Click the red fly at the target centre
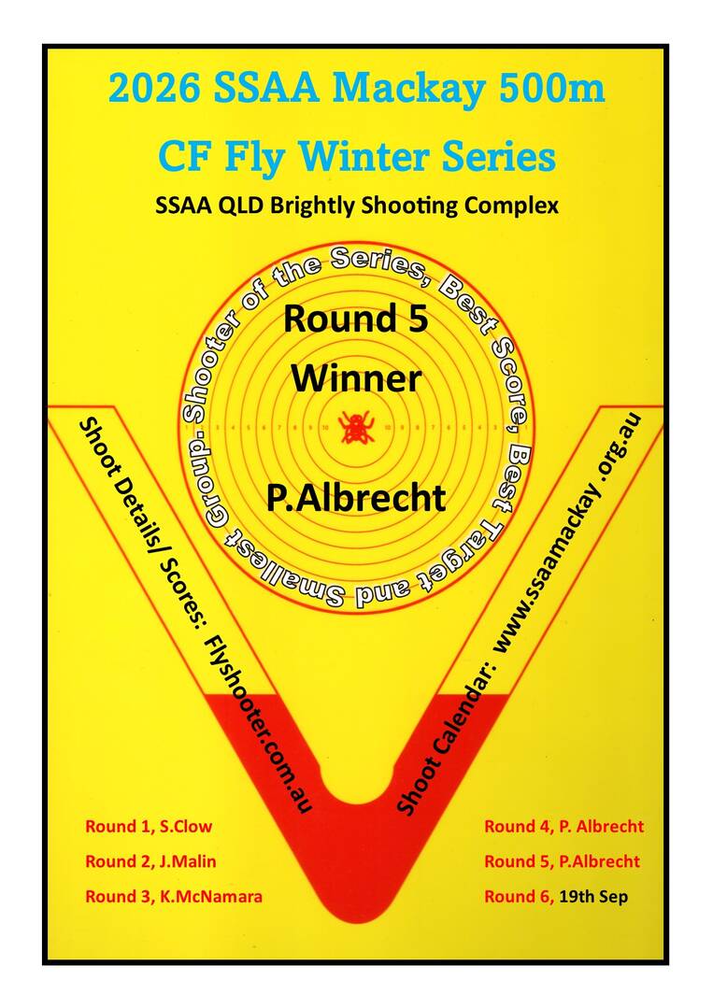355,427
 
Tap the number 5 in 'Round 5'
417,319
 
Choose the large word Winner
357,378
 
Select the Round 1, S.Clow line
149,827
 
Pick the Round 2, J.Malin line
150,861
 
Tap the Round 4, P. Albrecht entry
563,827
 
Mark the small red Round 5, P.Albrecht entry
562,861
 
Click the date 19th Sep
593,896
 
